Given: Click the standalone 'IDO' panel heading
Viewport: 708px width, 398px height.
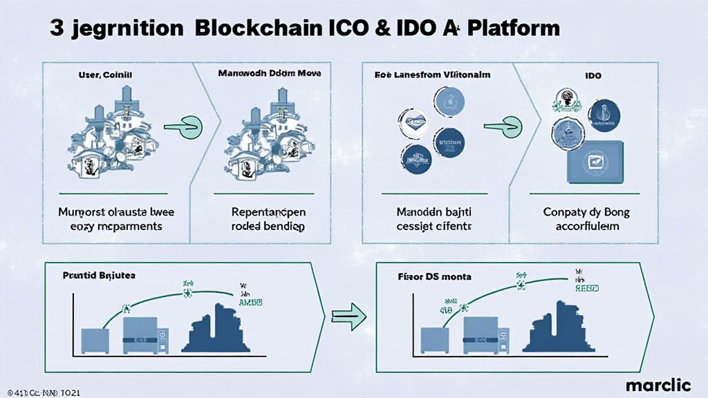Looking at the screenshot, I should (x=594, y=74).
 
